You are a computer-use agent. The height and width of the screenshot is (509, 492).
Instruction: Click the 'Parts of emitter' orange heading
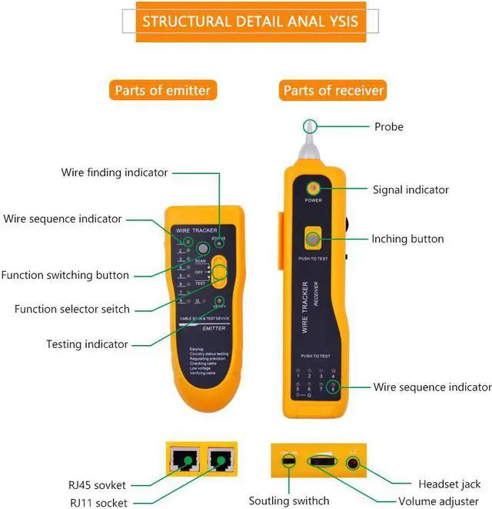[x=161, y=91]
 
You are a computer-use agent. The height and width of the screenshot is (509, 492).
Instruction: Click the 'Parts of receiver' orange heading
[x=333, y=91]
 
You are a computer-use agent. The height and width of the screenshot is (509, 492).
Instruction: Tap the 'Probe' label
[x=388, y=126]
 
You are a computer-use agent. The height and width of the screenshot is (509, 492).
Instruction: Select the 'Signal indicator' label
[x=411, y=189]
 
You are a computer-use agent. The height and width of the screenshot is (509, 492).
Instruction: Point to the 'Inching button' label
[x=407, y=239]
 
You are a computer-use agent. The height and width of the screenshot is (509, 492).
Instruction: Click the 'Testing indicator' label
[x=87, y=343]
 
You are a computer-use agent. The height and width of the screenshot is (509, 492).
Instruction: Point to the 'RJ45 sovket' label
[x=97, y=485]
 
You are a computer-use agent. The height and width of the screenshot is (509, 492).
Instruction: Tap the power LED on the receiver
[x=314, y=189]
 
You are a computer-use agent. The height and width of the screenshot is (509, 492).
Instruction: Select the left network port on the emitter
[x=184, y=460]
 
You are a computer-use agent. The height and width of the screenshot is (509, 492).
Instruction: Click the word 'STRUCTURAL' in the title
[x=184, y=20]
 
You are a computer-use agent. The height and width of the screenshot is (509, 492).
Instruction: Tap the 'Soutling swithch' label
[x=289, y=501]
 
